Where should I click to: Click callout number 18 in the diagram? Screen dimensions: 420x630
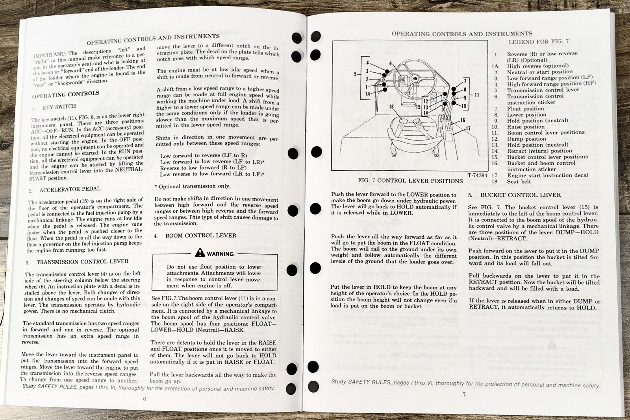click(391, 107)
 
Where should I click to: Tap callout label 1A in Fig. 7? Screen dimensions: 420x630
click(367, 94)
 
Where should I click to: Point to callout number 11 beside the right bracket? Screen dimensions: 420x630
click(477, 95)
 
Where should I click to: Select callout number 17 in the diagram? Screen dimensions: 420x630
click(468, 128)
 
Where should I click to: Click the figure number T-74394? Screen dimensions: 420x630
click(478, 175)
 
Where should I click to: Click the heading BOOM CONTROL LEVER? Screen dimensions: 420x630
click(200, 236)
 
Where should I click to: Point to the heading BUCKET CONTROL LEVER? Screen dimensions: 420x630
click(520, 195)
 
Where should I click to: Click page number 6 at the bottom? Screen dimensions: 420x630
click(145, 398)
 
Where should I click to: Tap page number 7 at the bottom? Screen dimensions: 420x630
click(464, 394)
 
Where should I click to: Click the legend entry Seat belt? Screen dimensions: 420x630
click(519, 182)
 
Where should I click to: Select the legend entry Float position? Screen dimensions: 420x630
click(525, 109)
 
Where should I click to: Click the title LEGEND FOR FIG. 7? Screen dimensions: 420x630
click(538, 41)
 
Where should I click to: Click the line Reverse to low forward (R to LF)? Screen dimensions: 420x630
click(203, 168)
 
